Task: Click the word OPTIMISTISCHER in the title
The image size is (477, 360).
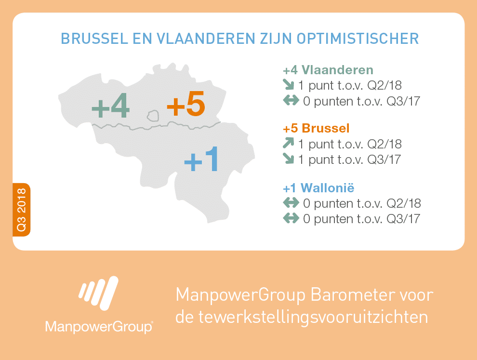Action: [x=358, y=39]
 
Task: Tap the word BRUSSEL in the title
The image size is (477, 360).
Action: [x=94, y=39]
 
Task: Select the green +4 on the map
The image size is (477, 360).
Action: [x=110, y=106]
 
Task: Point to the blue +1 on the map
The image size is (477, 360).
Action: [x=201, y=159]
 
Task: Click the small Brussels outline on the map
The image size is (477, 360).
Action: [x=153, y=116]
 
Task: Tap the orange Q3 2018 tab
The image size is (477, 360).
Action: [x=21, y=210]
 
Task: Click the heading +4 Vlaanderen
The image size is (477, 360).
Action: [x=328, y=70]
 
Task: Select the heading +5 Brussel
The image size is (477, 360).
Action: [x=316, y=128]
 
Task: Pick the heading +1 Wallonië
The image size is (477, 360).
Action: [x=318, y=188]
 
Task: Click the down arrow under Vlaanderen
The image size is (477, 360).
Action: [x=289, y=85]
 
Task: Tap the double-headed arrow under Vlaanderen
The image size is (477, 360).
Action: [x=291, y=100]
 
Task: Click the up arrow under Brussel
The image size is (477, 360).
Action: [x=289, y=143]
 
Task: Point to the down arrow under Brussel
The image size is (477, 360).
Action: [x=289, y=159]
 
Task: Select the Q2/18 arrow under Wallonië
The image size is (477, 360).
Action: [x=291, y=203]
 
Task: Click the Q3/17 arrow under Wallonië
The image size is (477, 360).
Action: [x=291, y=218]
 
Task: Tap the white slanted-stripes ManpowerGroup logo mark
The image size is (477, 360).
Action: [x=98, y=293]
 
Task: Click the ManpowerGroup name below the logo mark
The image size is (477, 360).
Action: [x=99, y=327]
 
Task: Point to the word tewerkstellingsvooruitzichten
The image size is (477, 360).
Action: [x=313, y=317]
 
